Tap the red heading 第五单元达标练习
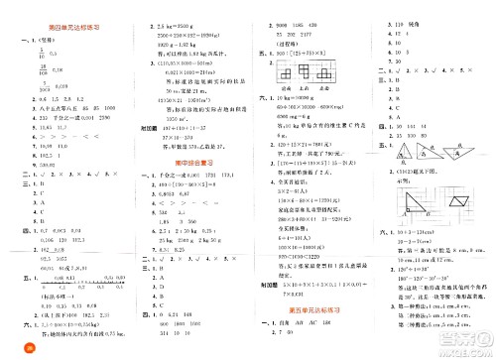pos(312,308)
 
